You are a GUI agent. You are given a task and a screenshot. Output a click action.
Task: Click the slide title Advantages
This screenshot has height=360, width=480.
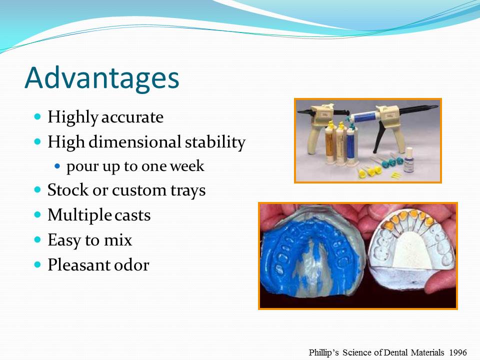tap(101, 77)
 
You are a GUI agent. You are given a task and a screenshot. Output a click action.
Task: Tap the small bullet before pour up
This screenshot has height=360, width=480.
tap(57, 165)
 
